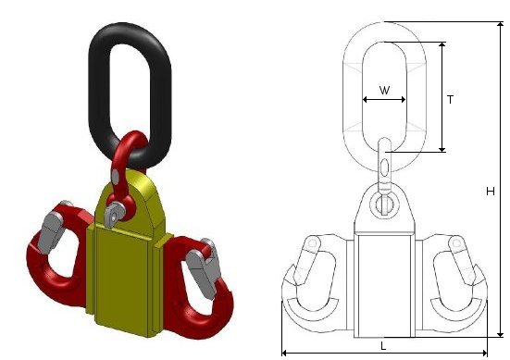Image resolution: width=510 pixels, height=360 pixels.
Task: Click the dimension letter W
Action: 384,90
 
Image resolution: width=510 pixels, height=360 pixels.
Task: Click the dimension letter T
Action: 450,100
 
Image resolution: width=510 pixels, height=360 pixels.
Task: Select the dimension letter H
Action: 491,192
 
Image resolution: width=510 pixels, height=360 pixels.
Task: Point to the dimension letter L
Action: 383,346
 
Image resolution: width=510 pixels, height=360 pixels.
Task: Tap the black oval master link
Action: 93,97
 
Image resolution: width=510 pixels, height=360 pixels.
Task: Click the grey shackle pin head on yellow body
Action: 114,213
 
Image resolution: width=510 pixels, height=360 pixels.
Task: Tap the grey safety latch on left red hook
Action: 52,231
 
